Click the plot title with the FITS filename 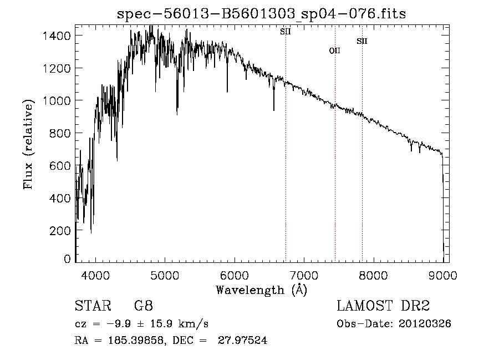coord(262,14)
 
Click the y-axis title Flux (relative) coord(28,143)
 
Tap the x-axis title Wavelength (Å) coord(261,290)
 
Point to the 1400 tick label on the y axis coord(58,36)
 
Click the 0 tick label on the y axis coord(67,259)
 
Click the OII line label coord(334,51)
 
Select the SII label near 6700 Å coord(285,32)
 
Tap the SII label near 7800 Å coord(361,41)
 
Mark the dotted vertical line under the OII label coord(335,166)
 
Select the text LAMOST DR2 coord(383,306)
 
